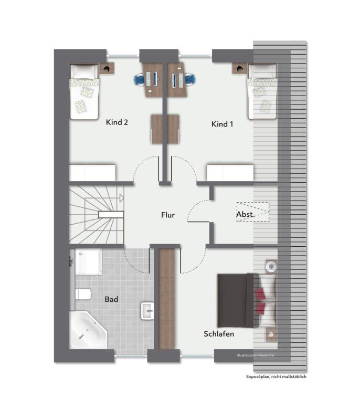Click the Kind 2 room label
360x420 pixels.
(117, 122)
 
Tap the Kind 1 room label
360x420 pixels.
(222, 124)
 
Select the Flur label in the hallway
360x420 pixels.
(168, 215)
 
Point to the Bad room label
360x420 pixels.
(111, 299)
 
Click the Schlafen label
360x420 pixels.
(219, 334)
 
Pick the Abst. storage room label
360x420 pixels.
(245, 214)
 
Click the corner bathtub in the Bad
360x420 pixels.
(88, 330)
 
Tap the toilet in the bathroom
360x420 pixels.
(83, 294)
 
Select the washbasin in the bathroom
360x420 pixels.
(147, 311)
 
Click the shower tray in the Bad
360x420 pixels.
(88, 261)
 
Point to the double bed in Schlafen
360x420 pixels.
(247, 300)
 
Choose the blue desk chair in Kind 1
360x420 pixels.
(190, 79)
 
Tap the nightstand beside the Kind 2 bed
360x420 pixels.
(107, 68)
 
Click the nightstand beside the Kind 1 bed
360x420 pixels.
(239, 68)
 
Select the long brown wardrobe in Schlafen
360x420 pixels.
(166, 299)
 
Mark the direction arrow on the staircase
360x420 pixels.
(121, 198)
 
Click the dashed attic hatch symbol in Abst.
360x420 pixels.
(252, 212)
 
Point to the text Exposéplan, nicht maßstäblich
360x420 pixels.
(276, 376)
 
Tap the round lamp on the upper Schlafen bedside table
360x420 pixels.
(271, 267)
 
